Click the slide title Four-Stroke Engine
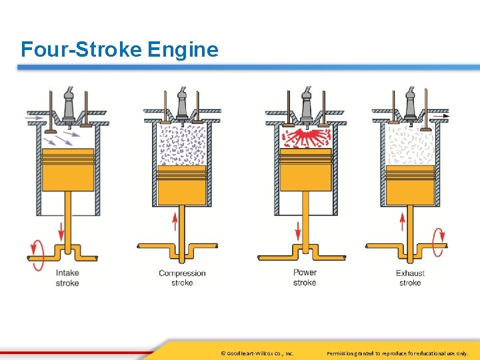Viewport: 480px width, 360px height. coord(119,49)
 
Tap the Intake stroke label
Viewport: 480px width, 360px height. coord(67,278)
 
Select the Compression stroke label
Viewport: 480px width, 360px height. coord(182,277)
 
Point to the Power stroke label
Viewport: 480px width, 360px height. coord(305,277)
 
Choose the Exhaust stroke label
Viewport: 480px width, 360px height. coord(410,278)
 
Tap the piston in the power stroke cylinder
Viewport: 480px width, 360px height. coord(305,169)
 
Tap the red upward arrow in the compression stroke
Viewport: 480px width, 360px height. coord(176,220)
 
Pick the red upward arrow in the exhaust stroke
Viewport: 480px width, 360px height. coord(403,220)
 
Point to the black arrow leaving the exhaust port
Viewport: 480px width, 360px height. coord(441,116)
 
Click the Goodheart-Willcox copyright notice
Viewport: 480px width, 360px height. coord(257,353)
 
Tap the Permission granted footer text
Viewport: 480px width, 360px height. coord(397,353)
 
